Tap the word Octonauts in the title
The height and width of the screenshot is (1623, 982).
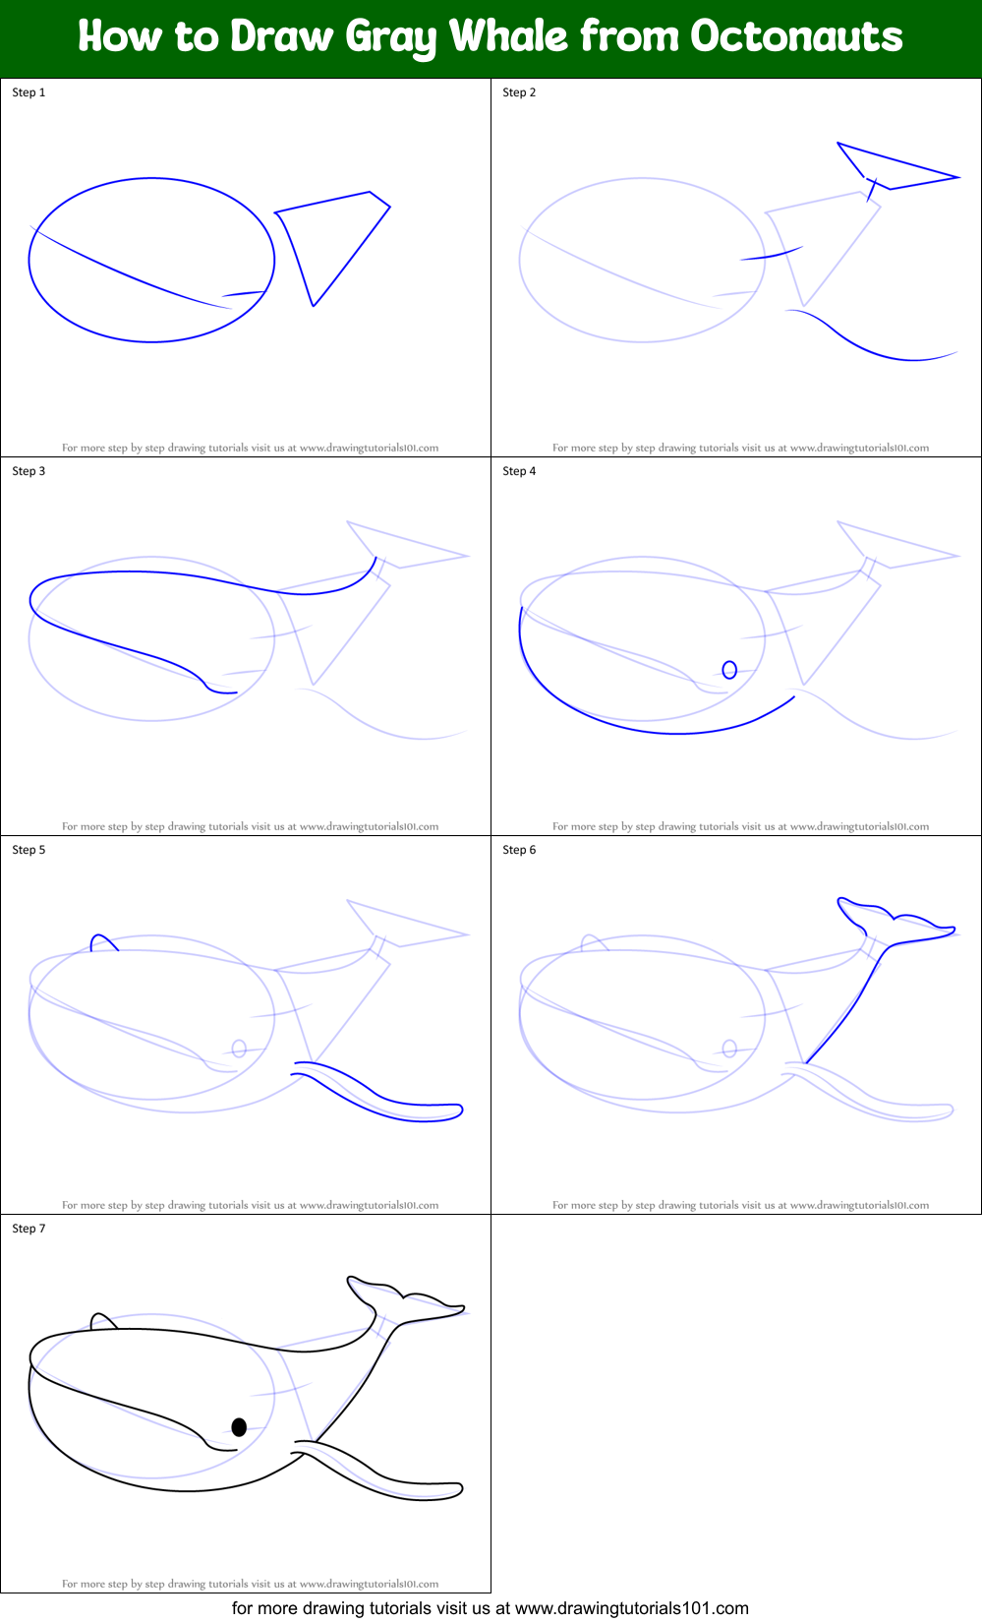[796, 36]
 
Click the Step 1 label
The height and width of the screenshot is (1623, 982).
[29, 92]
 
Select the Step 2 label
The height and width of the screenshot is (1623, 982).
[519, 92]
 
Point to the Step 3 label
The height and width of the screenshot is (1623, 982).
[29, 471]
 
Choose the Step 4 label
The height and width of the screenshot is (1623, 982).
[519, 471]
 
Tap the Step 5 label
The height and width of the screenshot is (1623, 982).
[29, 850]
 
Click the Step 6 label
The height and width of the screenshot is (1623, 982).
[519, 850]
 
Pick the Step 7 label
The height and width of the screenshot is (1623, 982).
[29, 1229]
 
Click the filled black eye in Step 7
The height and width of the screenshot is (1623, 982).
[239, 1426]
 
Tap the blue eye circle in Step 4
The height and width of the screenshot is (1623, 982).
[729, 670]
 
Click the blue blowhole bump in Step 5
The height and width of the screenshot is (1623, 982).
[103, 942]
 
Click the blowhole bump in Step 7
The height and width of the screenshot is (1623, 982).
[103, 1320]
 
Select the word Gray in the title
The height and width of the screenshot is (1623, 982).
[391, 36]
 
